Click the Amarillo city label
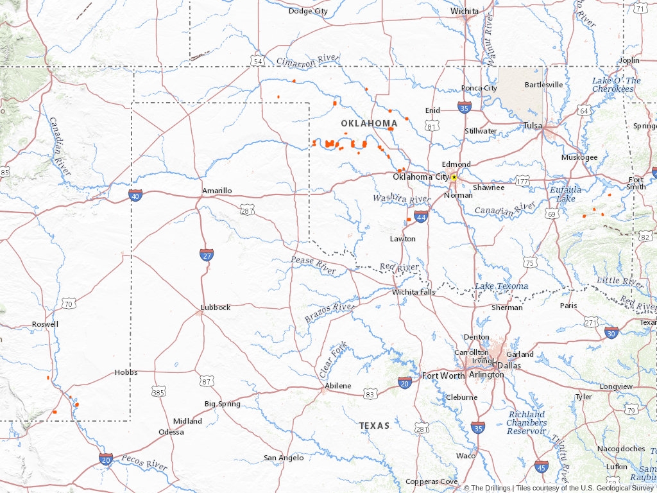[x=217, y=191]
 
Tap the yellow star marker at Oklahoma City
[x=454, y=177]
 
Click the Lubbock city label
[x=215, y=307]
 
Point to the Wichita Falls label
[x=414, y=292]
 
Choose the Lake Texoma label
[x=502, y=286]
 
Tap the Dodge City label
[x=308, y=11]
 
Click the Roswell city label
[x=45, y=324]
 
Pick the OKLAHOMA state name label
[x=369, y=123]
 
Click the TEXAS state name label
[x=374, y=426]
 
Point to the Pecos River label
[x=144, y=462]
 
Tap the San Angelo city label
[x=283, y=458]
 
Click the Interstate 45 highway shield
[x=542, y=467]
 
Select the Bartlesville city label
[x=543, y=85]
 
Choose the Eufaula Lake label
[x=565, y=194]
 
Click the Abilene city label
[x=337, y=386]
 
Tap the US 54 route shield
[x=257, y=60]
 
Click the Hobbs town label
[x=126, y=372]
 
